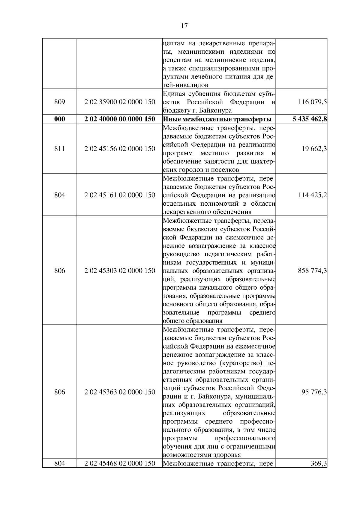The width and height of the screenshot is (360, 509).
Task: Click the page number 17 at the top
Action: [x=184, y=26]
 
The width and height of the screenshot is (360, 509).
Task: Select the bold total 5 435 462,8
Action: [x=310, y=119]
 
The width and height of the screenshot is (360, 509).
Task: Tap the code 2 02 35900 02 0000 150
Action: [x=120, y=102]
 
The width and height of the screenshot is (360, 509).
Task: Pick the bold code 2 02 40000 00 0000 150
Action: [x=120, y=119]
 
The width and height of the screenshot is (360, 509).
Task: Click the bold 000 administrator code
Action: [x=59, y=119]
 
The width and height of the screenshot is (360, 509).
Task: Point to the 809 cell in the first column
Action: [x=59, y=102]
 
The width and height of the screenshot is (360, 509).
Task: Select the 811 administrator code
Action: [x=59, y=149]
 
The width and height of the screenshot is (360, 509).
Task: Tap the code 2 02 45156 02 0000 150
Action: [x=120, y=149]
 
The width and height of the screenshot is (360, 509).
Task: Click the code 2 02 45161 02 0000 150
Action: [x=120, y=195]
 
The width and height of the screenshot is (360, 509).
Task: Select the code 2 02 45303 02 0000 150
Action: [x=120, y=271]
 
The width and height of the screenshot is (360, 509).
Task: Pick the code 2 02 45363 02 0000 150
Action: [x=120, y=392]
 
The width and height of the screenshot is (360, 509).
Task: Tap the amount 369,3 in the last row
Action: [x=319, y=463]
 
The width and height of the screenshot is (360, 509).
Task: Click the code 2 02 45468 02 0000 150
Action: [x=120, y=463]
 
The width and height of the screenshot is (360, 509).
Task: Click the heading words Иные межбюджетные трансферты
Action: [x=217, y=119]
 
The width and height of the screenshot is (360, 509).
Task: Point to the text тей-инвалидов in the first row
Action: [x=185, y=85]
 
